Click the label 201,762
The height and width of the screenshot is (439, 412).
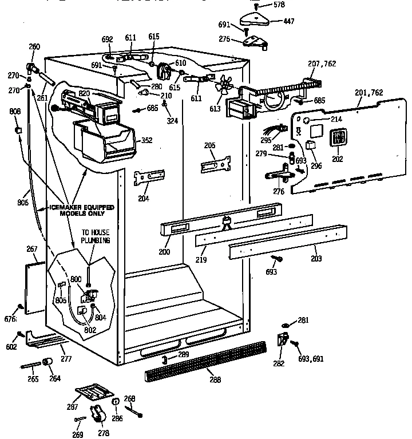point(369,93)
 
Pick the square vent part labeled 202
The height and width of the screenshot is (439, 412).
point(338,139)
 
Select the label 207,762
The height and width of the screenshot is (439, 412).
point(322,64)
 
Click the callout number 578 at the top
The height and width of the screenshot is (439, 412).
point(278,5)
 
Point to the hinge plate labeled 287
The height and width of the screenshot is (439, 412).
point(94,394)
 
